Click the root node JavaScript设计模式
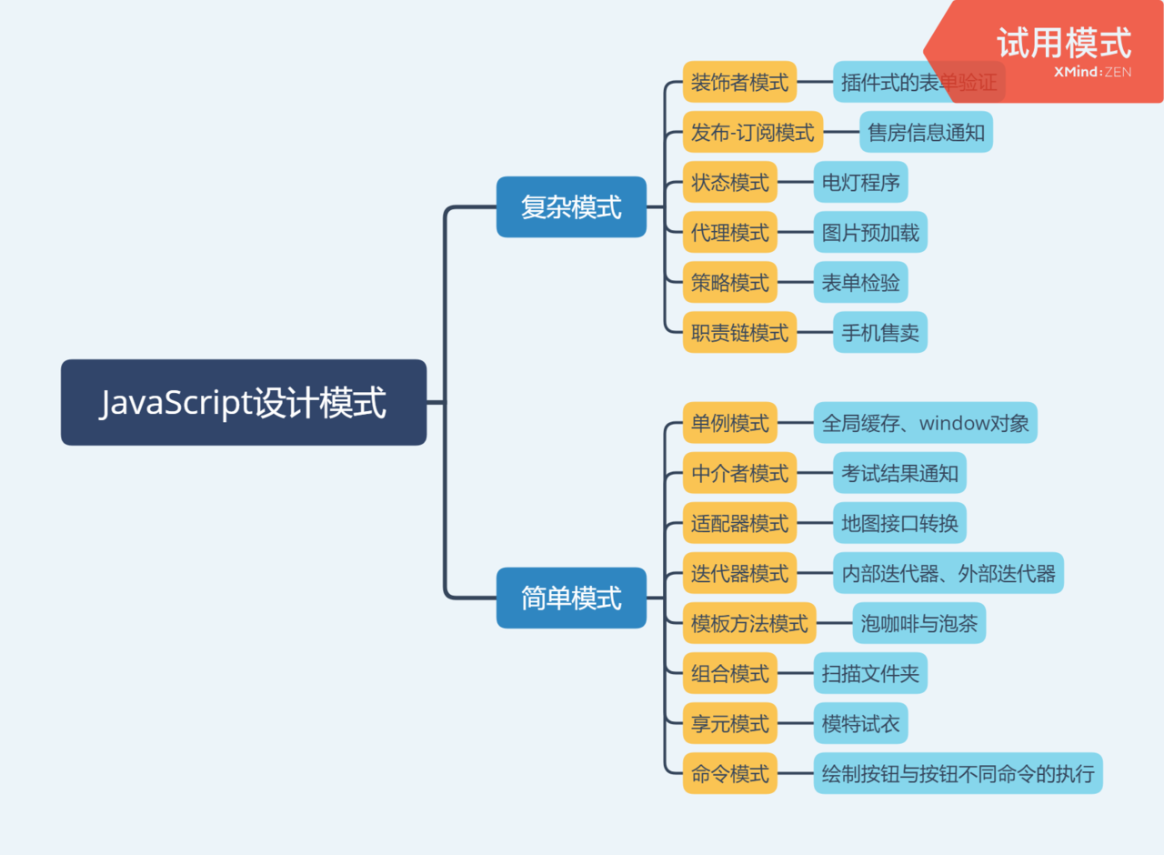244,402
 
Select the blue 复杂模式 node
571,207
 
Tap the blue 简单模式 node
571,598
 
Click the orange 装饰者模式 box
739,82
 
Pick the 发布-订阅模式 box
753,132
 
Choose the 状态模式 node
730,182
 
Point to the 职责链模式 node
739,332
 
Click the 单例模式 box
730,423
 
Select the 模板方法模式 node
749,623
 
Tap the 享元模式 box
730,723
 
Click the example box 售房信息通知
926,132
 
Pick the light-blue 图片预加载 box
870,232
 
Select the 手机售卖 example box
880,332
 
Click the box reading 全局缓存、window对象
925,423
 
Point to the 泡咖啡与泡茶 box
918,623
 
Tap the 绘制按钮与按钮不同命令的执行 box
958,773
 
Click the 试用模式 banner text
1064,42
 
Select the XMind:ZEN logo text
1092,72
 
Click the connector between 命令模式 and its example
796,773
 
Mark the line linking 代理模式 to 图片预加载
796,232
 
